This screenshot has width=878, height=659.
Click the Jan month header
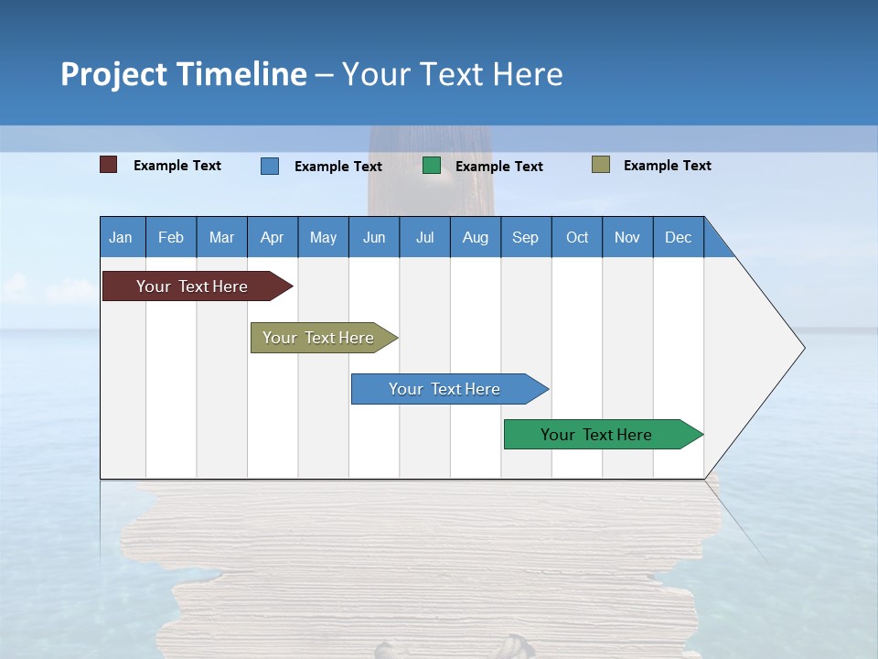point(122,237)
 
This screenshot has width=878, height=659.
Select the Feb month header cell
point(171,237)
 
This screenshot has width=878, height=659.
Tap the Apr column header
point(272,237)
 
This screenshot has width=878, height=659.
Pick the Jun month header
point(374,237)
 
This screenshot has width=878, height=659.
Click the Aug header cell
point(475,237)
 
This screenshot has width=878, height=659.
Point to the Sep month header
point(525,237)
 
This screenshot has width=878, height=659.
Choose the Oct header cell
point(577,237)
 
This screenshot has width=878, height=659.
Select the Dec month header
point(678,237)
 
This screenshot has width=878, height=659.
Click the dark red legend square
point(109,165)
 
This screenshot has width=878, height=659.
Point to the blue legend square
point(270,166)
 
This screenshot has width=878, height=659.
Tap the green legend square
point(432,166)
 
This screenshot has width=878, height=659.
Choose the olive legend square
point(601,165)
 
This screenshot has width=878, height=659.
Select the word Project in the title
point(114,74)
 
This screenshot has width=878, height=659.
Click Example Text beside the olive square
point(667,166)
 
